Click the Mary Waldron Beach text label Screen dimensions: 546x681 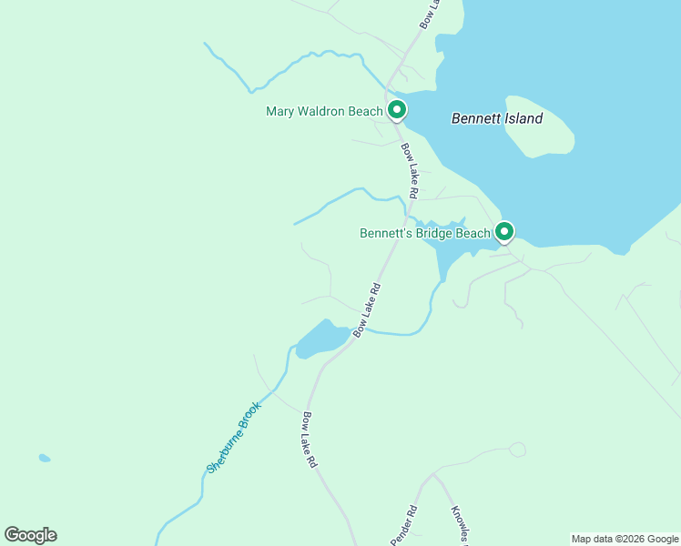point(324,112)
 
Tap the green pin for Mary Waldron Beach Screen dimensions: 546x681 point(397,110)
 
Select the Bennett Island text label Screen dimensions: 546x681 point(497,118)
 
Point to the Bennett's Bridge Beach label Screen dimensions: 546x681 point(424,234)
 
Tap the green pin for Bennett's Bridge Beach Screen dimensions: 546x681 point(503,231)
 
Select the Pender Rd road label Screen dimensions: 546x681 point(404,525)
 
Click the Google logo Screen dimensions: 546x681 point(31,535)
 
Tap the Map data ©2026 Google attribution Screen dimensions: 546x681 point(625,539)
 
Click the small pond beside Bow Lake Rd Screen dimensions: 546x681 point(321,339)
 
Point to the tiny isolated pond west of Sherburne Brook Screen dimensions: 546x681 point(45,458)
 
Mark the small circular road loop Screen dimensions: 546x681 point(517,450)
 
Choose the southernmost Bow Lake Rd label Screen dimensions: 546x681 point(310,440)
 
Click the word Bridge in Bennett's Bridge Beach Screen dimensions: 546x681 point(435,234)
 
